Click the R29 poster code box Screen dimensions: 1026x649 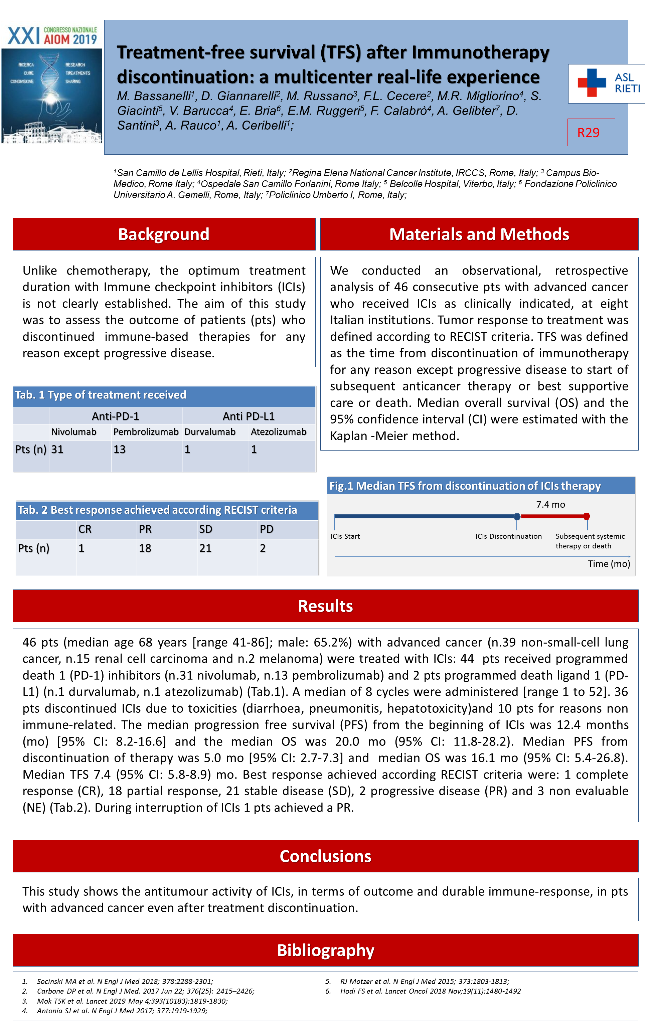coord(591,133)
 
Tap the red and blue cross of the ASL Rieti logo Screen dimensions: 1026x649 coord(592,82)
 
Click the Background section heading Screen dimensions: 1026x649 coord(164,234)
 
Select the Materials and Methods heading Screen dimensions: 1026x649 coord(479,234)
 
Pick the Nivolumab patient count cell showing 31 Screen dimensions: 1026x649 coord(57,450)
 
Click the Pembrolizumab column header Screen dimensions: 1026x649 coord(146,432)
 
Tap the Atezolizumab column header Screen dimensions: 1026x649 coord(278,432)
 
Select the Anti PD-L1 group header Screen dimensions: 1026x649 coord(249,416)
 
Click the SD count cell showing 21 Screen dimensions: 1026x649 coord(205,548)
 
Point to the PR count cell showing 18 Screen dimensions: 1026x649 coord(145,548)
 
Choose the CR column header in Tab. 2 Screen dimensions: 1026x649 coord(85,529)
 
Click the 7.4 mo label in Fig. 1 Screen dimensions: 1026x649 coord(550,504)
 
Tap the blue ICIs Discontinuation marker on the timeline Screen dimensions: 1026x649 coord(517,517)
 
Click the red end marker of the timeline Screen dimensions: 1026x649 coord(587,516)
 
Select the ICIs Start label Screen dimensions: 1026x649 coord(345,536)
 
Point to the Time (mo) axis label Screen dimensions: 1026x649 coord(609,564)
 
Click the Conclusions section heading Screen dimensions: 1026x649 coord(325,856)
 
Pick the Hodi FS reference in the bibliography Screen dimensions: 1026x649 coord(431,991)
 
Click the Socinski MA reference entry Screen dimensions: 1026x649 coord(125,981)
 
